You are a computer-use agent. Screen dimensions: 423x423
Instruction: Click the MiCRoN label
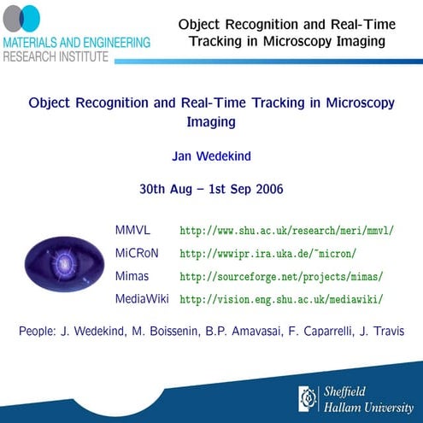pyautogui.click(x=137, y=254)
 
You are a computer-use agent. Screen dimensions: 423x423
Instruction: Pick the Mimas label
pyautogui.click(x=132, y=276)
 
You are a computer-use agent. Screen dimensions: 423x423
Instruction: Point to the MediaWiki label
pyautogui.click(x=142, y=299)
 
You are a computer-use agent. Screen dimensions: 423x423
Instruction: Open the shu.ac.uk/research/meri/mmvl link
pyautogui.click(x=286, y=232)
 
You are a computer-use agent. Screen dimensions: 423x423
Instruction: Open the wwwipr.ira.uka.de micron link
pyautogui.click(x=267, y=255)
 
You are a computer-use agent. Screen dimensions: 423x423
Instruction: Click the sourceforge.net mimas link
pyautogui.click(x=281, y=277)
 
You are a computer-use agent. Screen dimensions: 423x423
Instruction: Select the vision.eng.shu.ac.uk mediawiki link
pyautogui.click(x=281, y=300)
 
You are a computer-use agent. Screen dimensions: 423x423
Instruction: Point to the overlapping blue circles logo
pyautogui.click(x=28, y=19)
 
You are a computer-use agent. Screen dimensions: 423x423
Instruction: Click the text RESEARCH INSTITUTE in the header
pyautogui.click(x=56, y=56)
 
